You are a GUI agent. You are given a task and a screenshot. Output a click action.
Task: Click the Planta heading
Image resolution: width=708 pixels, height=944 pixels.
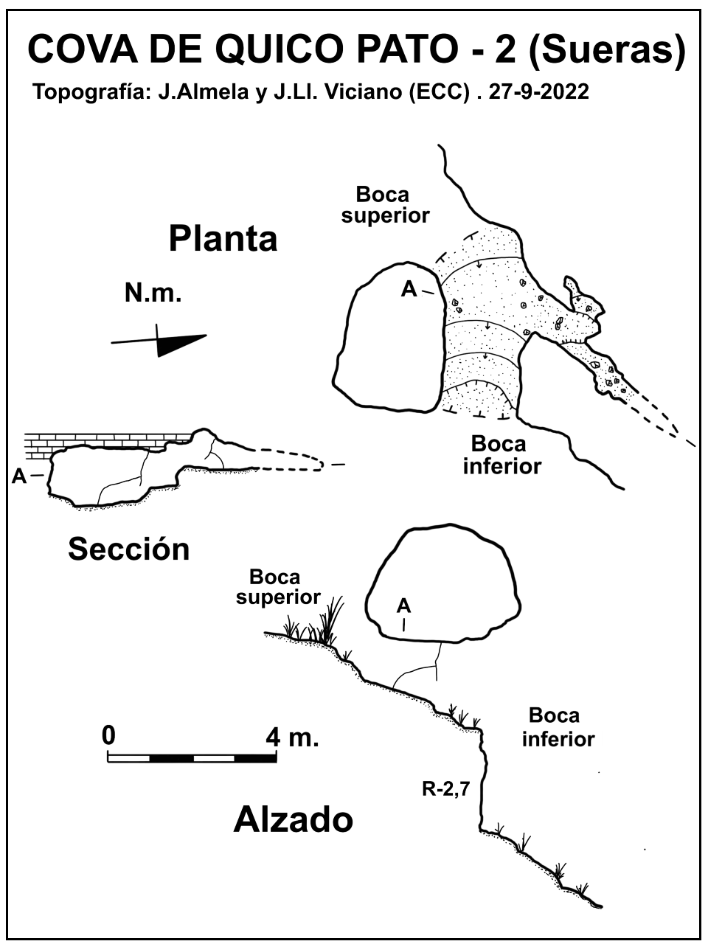click(223, 239)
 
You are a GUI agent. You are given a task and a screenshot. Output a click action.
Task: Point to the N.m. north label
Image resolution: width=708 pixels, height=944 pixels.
click(153, 294)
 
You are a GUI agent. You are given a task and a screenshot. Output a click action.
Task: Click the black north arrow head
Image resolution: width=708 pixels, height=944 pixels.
click(180, 344)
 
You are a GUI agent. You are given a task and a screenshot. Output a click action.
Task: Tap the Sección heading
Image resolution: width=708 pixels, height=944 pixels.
click(129, 549)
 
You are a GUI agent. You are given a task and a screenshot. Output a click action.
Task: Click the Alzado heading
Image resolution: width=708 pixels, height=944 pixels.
click(293, 819)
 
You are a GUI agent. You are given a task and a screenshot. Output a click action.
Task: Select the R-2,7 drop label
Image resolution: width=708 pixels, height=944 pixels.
click(446, 790)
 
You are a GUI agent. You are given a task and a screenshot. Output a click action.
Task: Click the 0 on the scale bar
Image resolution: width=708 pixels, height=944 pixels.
click(108, 735)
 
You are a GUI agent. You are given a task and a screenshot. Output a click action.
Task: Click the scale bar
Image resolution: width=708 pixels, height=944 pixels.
click(192, 757)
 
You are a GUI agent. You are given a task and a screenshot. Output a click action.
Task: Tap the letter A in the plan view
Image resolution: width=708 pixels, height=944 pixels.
click(409, 291)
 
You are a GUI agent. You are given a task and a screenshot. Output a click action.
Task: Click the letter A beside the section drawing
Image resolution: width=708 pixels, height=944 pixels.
click(19, 476)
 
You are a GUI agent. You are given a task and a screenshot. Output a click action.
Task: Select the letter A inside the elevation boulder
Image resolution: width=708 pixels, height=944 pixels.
click(403, 606)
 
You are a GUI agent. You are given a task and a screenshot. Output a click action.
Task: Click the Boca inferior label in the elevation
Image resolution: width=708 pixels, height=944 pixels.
click(557, 727)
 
